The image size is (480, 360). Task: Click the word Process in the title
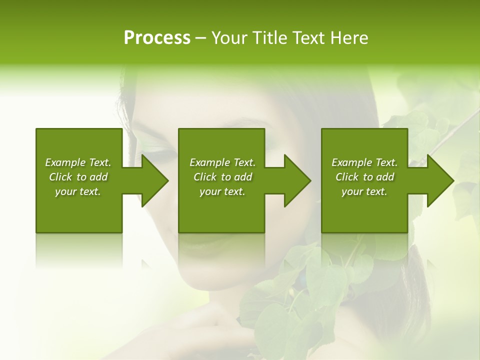tap(157, 38)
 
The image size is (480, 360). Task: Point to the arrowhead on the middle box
tap(297, 180)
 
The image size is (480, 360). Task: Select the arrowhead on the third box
tap(440, 180)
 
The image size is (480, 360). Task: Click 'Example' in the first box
tap(65, 162)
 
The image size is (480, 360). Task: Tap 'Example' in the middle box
tap(210, 162)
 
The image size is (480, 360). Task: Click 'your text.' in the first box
tap(78, 191)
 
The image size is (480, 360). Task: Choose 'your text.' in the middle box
tap(222, 191)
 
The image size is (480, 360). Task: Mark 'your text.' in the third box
tap(364, 191)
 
